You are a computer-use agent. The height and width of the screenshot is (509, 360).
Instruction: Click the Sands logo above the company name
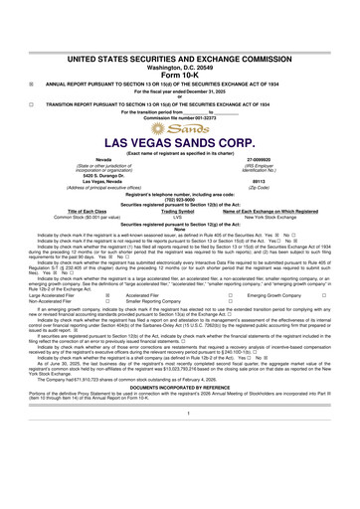point(179,128)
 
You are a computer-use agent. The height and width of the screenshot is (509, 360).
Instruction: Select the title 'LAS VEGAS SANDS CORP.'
point(179,142)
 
